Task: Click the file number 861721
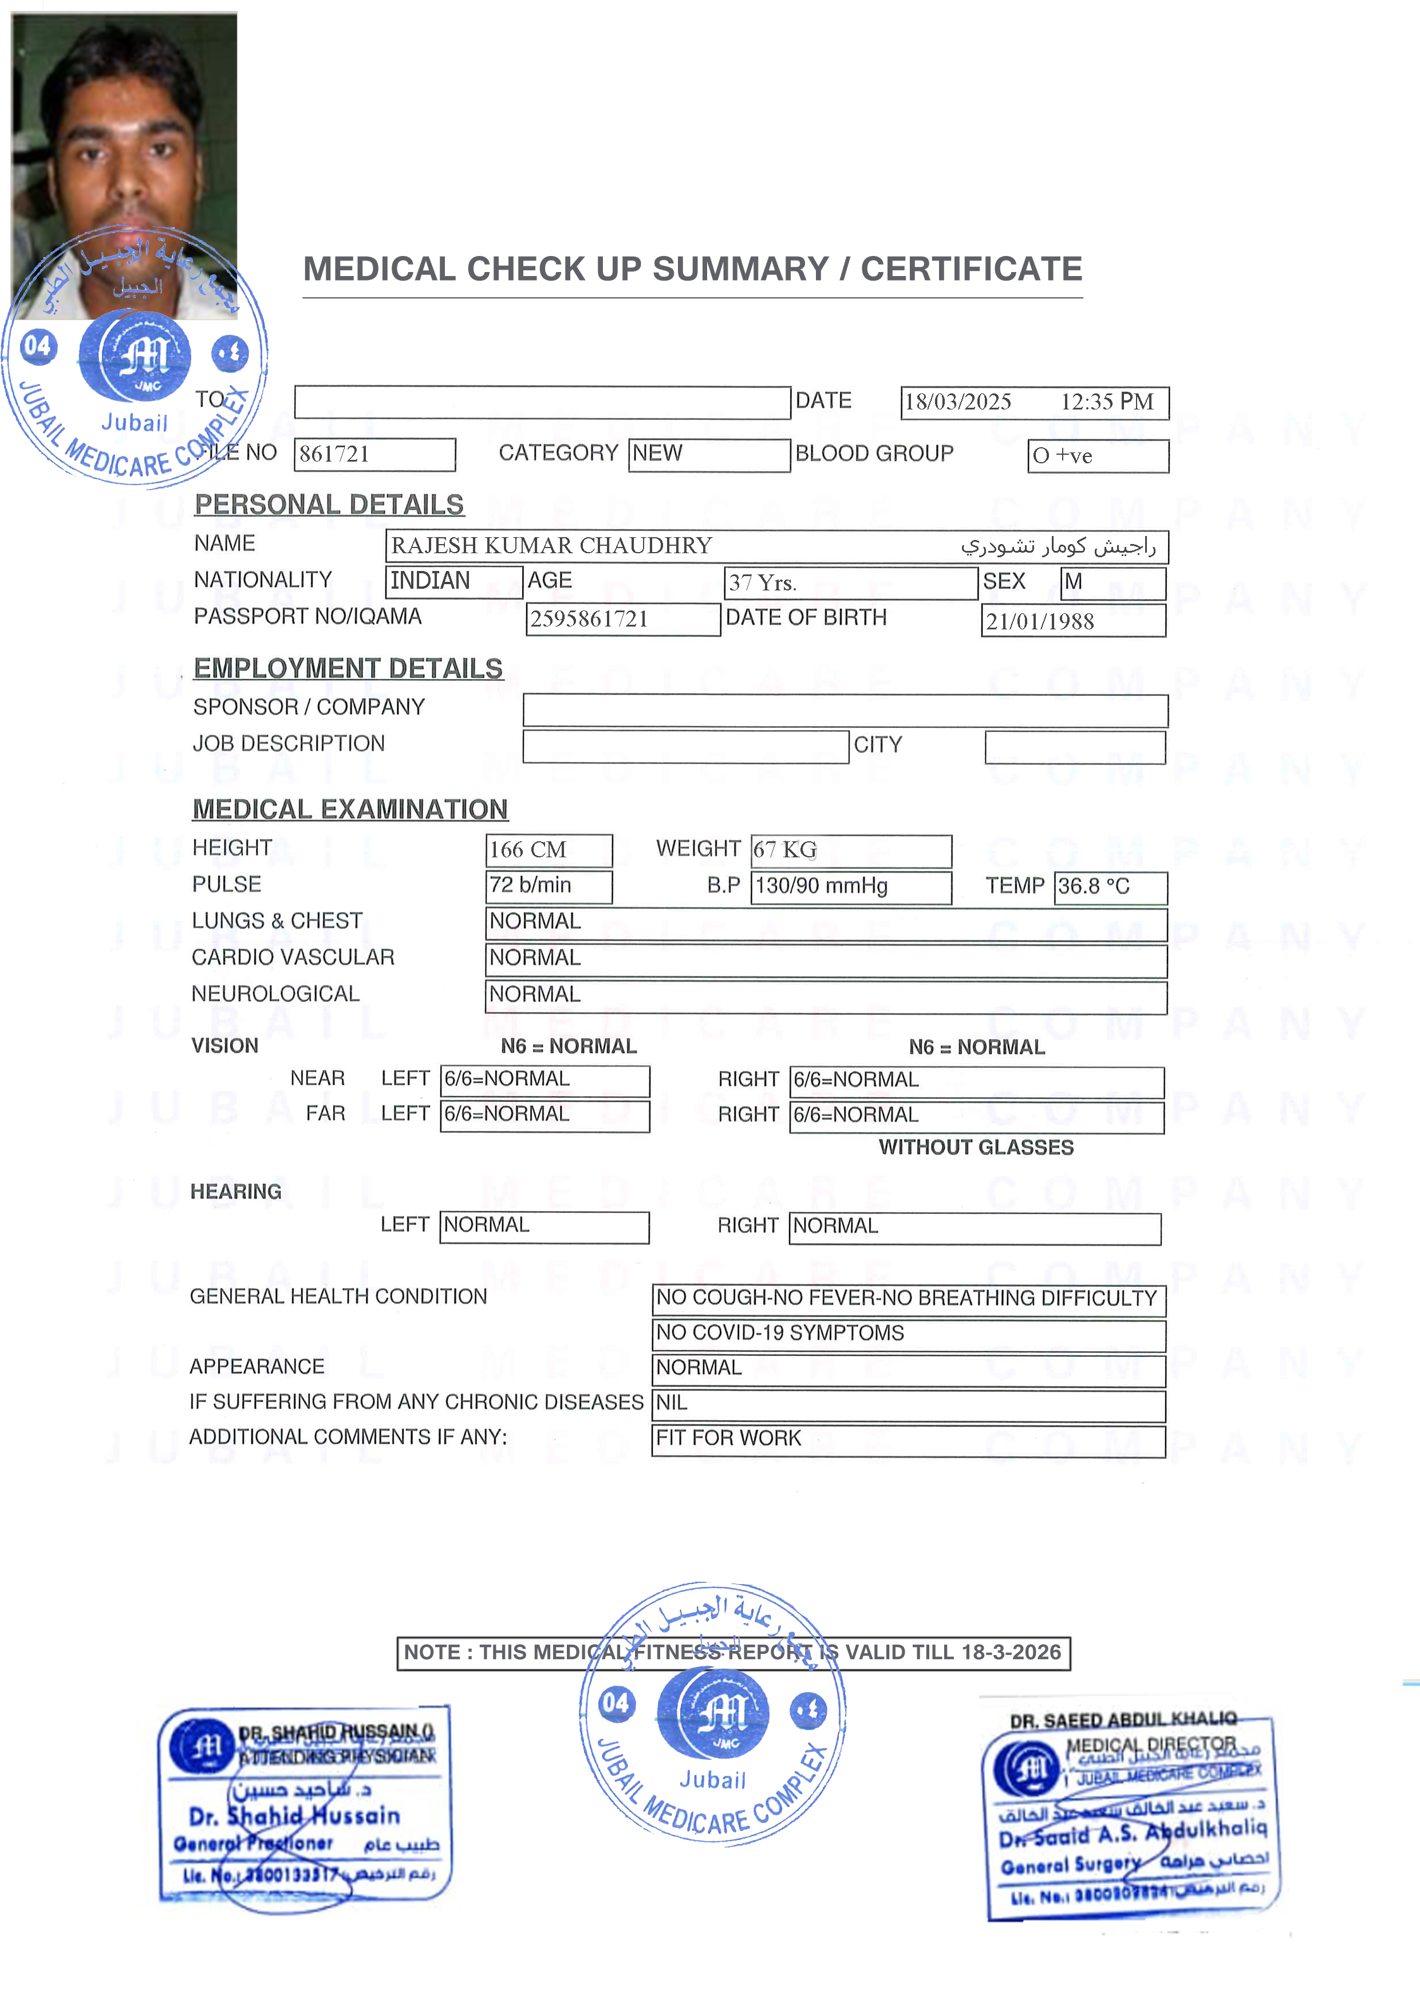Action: click(334, 454)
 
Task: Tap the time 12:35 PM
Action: click(1107, 401)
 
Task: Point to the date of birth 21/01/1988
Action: click(1039, 621)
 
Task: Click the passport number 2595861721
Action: click(589, 620)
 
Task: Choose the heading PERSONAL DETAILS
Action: click(329, 505)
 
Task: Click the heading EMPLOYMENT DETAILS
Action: click(348, 668)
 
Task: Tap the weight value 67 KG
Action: click(785, 850)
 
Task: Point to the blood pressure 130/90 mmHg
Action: click(821, 887)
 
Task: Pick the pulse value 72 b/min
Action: click(530, 885)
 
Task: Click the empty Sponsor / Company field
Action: click(845, 711)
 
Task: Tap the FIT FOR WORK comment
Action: click(729, 1439)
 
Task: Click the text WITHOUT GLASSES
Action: click(976, 1147)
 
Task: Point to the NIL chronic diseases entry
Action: click(672, 1403)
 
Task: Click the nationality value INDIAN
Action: click(431, 581)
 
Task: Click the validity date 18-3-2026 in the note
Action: click(1011, 1652)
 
